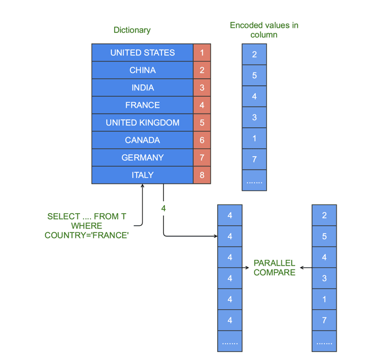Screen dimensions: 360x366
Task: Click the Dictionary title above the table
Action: (132, 30)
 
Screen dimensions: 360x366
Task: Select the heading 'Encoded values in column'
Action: (264, 30)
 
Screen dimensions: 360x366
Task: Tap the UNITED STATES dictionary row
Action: (142, 52)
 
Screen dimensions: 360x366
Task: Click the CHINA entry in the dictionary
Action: (142, 70)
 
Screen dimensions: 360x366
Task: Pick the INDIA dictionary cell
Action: (142, 88)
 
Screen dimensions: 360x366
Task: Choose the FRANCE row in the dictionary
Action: (142, 105)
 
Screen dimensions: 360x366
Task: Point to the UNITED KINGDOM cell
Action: (142, 123)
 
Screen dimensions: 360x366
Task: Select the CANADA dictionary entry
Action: (142, 140)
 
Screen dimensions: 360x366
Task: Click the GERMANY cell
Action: (142, 157)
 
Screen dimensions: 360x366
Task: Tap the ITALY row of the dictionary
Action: (142, 175)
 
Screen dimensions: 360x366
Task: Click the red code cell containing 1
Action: (202, 52)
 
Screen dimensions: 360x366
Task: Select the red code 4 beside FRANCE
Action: (202, 105)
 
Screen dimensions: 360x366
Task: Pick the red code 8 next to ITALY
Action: (202, 175)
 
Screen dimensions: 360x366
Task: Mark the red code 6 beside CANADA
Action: (202, 140)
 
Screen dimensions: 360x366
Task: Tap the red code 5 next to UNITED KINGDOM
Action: (202, 123)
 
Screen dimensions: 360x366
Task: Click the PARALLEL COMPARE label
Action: (274, 268)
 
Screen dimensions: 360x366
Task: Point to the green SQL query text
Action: (86, 225)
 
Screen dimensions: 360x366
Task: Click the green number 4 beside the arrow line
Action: (164, 208)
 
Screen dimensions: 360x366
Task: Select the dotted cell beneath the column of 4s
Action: (230, 342)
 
